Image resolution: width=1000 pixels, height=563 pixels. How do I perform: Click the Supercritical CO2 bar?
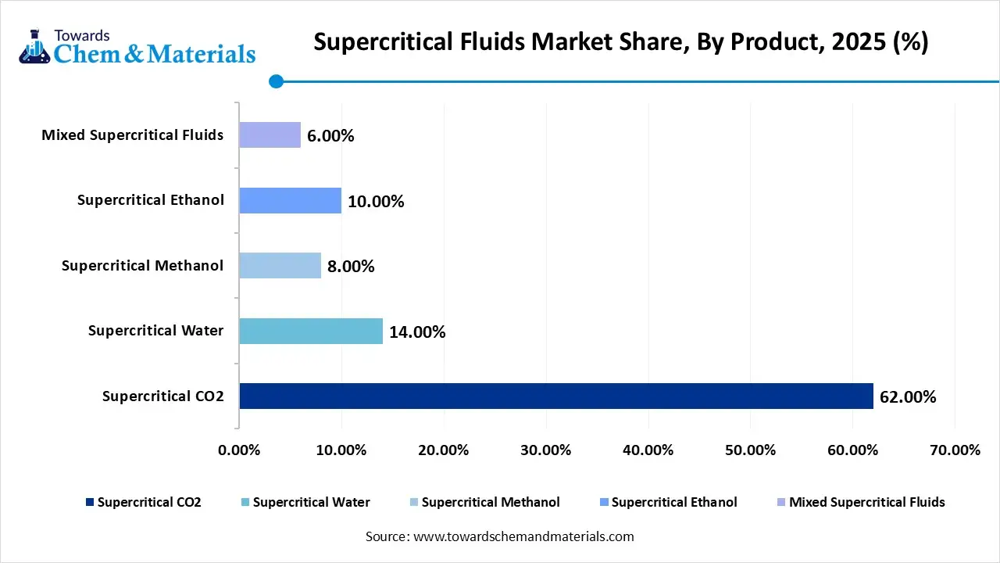tap(555, 396)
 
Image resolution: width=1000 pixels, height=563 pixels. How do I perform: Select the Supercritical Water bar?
tap(311, 331)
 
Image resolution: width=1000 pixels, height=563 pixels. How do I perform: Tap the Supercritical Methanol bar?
tap(280, 266)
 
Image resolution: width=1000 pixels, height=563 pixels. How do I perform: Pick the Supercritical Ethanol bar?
tap(290, 201)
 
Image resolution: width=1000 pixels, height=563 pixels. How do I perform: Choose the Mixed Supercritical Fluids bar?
tap(270, 135)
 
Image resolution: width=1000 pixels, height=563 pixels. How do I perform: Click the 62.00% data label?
tap(908, 397)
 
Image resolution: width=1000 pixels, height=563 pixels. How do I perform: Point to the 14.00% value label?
tap(417, 332)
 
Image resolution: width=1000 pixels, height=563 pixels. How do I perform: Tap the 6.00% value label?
tap(330, 136)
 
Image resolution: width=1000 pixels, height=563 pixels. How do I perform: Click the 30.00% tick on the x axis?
tap(546, 450)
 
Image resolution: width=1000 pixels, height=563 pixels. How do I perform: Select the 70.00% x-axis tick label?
tap(955, 450)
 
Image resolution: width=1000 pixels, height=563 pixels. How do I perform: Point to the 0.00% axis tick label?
tap(239, 450)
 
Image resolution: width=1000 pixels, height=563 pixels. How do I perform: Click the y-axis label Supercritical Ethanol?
tap(151, 200)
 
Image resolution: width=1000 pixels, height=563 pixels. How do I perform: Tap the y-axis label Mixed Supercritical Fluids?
tap(132, 135)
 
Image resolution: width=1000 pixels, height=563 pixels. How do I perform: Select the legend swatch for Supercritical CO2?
tap(90, 502)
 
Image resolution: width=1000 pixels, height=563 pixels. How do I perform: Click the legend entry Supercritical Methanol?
tap(491, 502)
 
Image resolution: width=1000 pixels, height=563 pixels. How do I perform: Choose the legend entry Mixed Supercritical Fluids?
tap(866, 502)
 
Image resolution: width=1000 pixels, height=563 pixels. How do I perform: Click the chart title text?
tap(620, 42)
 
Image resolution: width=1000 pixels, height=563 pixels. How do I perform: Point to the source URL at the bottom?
tap(500, 536)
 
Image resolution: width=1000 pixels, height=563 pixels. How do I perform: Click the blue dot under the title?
tap(276, 81)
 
